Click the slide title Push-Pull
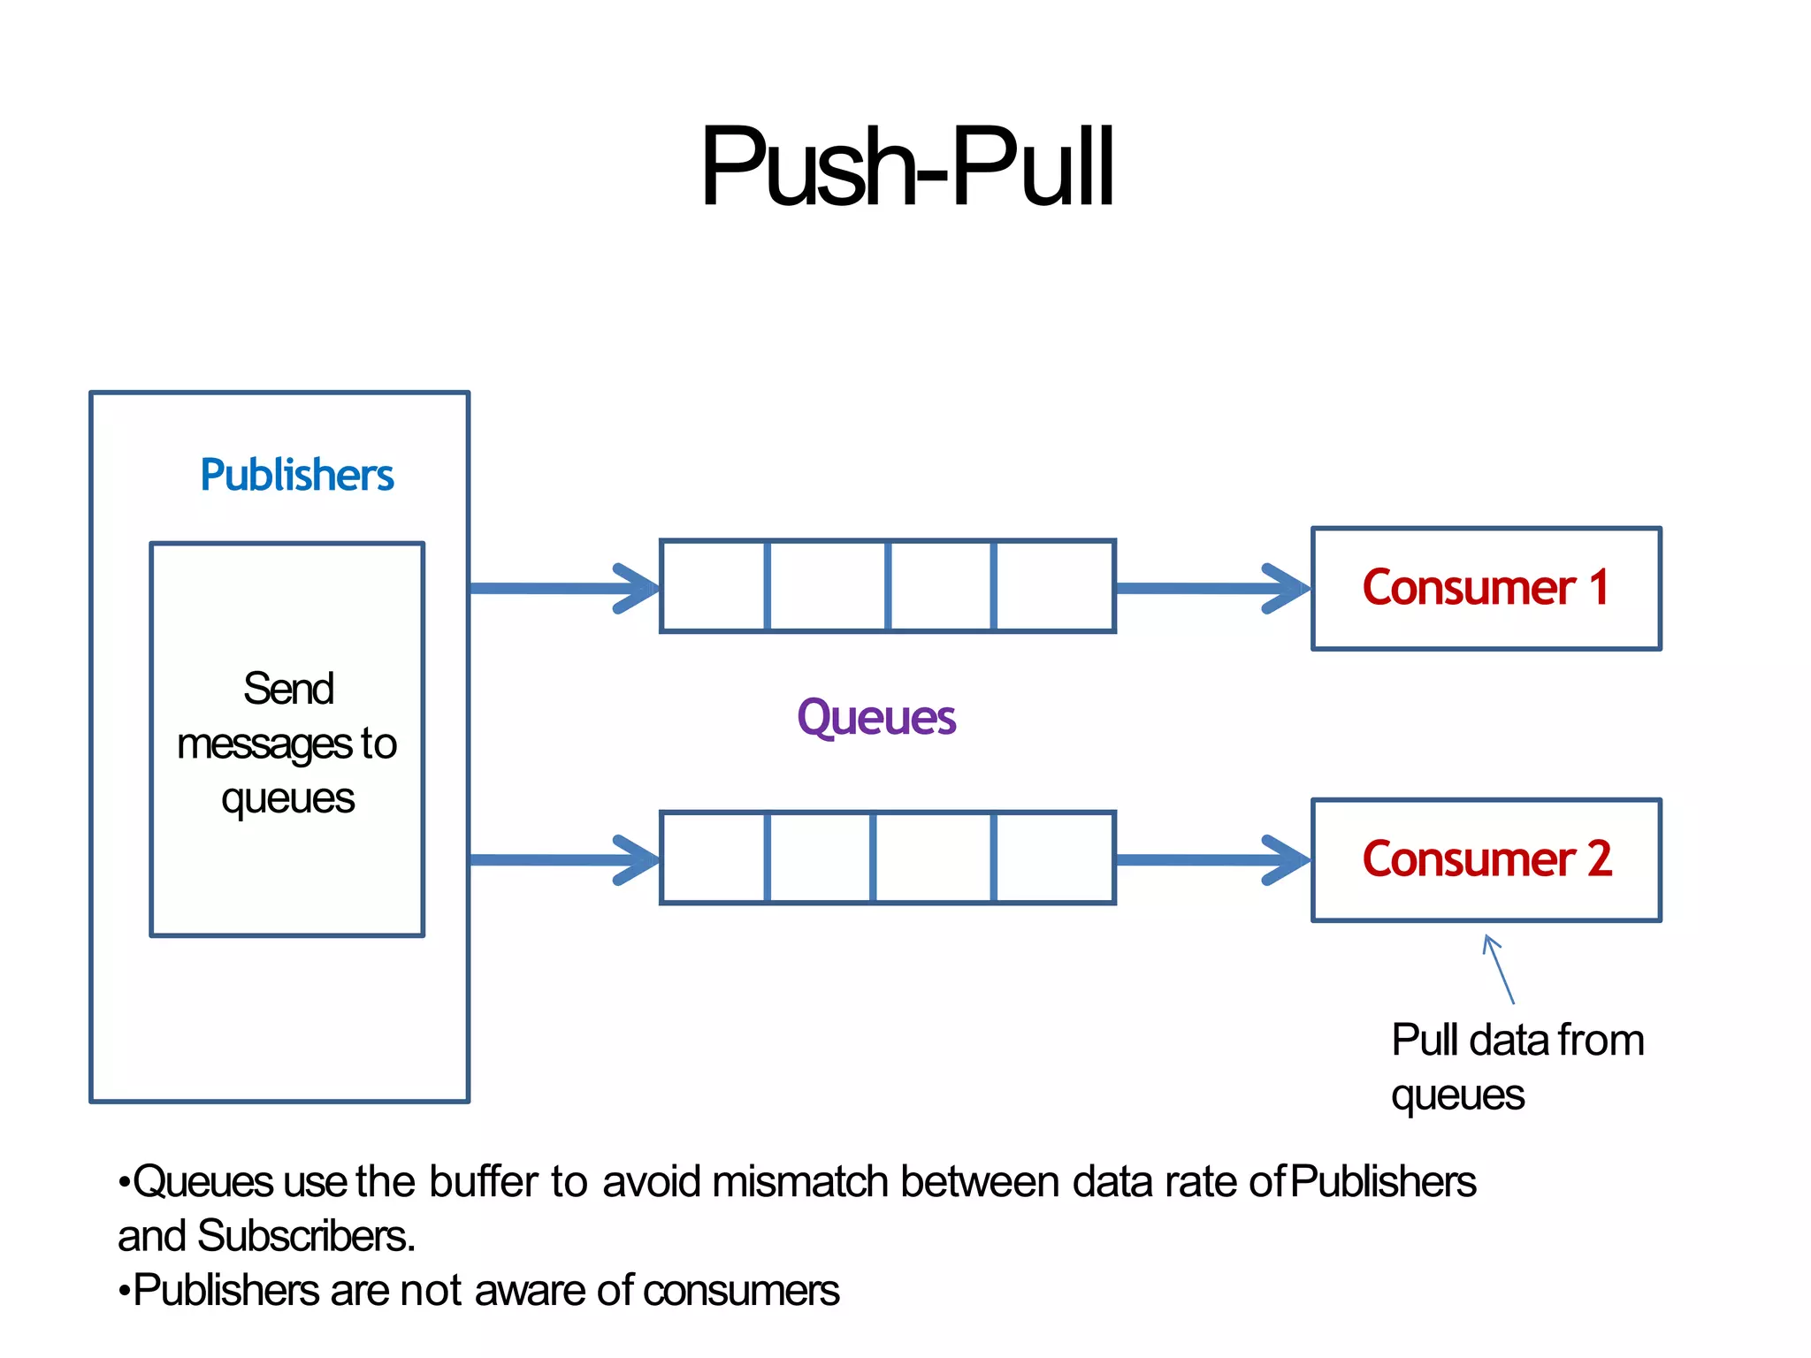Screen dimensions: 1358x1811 pyautogui.click(x=906, y=168)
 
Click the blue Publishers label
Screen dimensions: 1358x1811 pyautogui.click(x=296, y=476)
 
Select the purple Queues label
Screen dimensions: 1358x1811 pyautogui.click(x=875, y=717)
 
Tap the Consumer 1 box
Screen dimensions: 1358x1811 pyautogui.click(x=1486, y=589)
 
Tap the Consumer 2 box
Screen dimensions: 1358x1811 pyautogui.click(x=1486, y=860)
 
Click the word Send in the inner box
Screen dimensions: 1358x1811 pyautogui.click(x=288, y=689)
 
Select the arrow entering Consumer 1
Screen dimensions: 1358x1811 pyautogui.click(x=1211, y=589)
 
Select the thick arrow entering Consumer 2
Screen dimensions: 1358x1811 pyautogui.click(x=1211, y=859)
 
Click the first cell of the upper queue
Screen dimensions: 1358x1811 pyautogui.click(x=714, y=587)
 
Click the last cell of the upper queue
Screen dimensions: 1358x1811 pyautogui.click(x=1054, y=587)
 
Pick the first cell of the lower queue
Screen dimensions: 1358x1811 pyautogui.click(x=714, y=858)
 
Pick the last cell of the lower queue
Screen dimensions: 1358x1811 pyautogui.click(x=1054, y=858)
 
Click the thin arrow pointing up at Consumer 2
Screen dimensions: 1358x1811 pyautogui.click(x=1500, y=970)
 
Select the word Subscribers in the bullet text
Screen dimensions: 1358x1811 pyautogui.click(x=305, y=1237)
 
